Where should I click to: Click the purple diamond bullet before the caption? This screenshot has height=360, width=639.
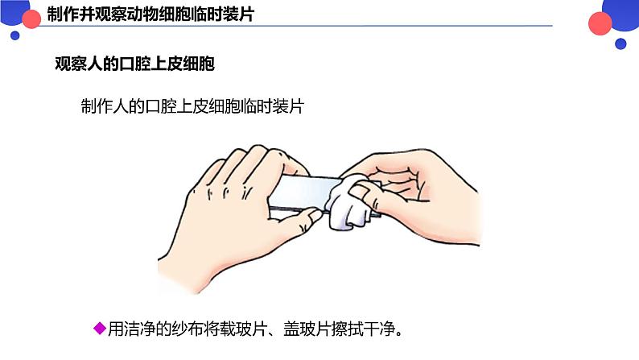[x=100, y=327]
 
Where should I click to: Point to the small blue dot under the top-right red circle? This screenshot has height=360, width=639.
[x=621, y=43]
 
